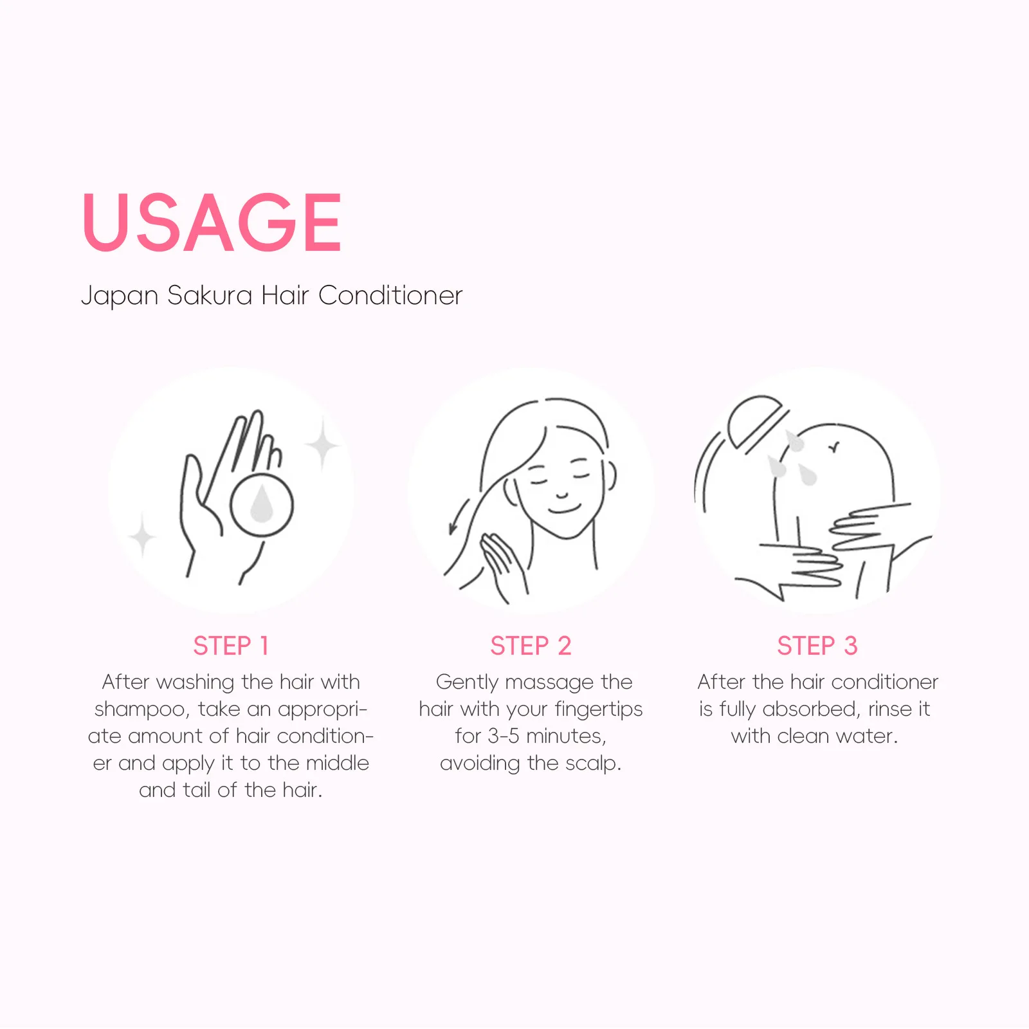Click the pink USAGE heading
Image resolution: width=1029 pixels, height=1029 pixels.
click(212, 222)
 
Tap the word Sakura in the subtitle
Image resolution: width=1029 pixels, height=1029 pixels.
click(210, 295)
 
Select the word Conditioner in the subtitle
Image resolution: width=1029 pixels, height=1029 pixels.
click(390, 295)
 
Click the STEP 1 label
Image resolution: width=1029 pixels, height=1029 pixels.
click(231, 646)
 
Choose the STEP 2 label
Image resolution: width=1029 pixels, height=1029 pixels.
click(531, 646)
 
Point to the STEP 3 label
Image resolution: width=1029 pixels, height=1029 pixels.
click(817, 646)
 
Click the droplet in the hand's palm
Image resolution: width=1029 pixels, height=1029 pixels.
click(261, 504)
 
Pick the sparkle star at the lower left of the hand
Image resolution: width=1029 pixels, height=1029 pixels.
click(142, 534)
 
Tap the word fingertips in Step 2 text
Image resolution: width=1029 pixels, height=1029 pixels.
click(598, 709)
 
